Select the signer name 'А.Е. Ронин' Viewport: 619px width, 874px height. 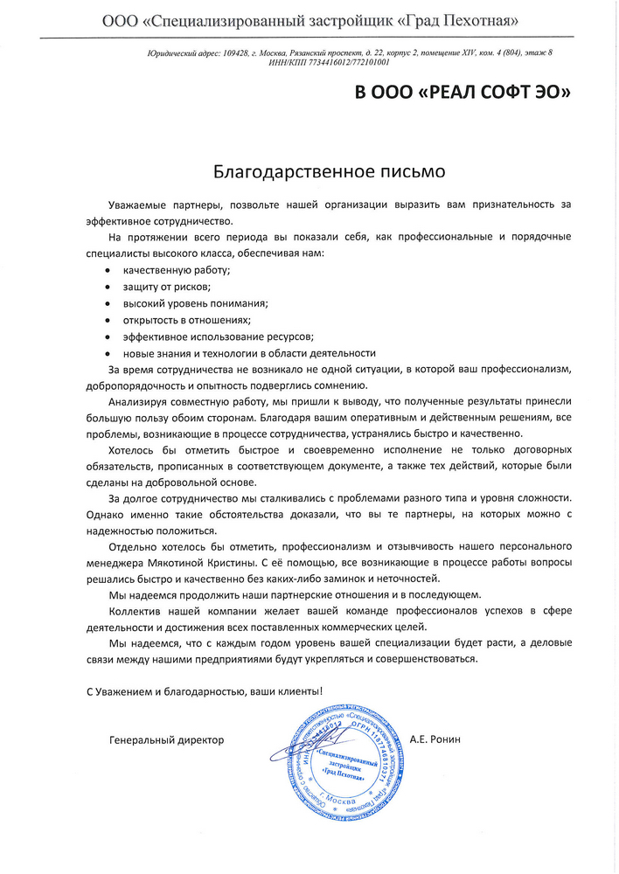435,740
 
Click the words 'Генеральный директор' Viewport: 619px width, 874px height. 167,740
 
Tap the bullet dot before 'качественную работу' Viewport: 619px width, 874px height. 108,271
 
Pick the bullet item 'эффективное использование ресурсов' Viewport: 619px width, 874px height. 218,336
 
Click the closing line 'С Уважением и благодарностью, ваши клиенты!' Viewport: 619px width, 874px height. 205,691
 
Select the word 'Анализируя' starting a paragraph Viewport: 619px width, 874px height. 139,402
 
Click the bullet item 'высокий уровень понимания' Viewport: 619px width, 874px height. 195,303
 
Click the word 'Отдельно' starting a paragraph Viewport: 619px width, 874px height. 134,545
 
